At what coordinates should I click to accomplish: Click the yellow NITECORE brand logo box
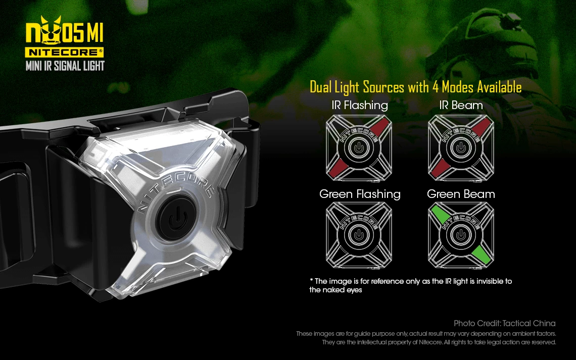coord(64,52)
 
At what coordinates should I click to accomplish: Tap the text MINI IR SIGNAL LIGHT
coord(65,66)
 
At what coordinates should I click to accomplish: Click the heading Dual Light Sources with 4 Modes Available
coord(415,87)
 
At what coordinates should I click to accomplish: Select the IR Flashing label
coord(360,106)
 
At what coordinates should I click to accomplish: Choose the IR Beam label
coord(461,106)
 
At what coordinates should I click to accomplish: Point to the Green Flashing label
coord(360,194)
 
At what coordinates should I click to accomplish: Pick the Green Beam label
coord(461,194)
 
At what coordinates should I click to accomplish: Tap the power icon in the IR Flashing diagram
coord(359,148)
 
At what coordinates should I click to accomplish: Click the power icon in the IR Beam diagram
coord(461,148)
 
